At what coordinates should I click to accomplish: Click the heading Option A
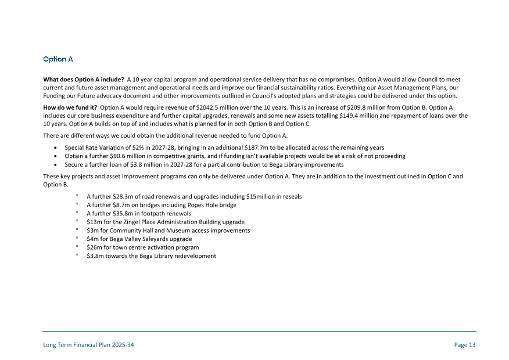(58, 59)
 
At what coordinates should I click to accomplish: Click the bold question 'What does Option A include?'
(83, 79)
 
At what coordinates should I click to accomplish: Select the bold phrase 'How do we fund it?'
(70, 107)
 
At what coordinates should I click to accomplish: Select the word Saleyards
(154, 239)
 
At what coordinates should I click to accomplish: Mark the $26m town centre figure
(93, 247)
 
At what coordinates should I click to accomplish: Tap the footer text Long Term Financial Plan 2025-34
(89, 345)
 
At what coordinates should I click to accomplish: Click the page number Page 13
(465, 345)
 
